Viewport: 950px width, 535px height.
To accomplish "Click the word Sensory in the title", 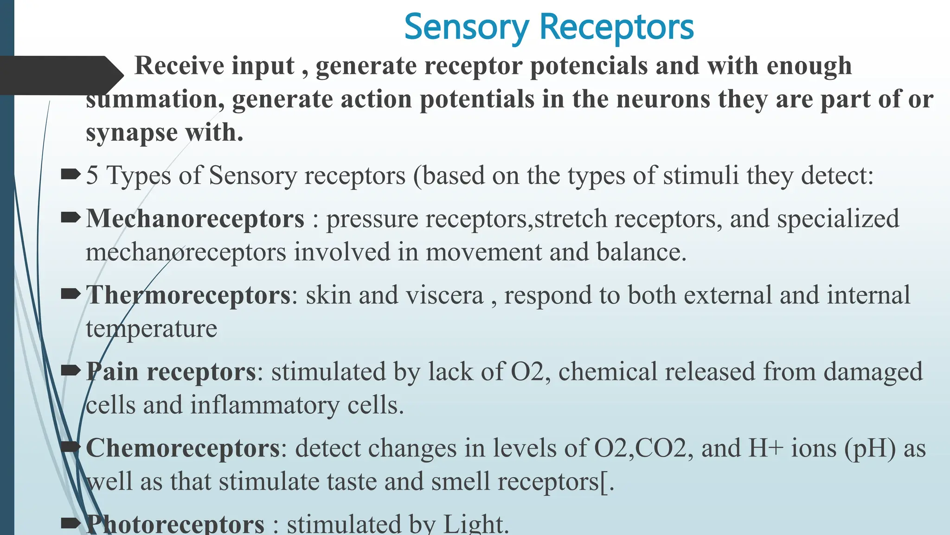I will [466, 27].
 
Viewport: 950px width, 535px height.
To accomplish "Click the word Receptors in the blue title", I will [616, 27].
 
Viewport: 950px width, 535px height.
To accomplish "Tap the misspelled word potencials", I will [589, 65].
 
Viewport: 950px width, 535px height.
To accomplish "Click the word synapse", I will [132, 133].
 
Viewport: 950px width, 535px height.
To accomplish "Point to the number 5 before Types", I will [92, 176].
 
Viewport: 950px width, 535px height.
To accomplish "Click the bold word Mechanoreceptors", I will [195, 219].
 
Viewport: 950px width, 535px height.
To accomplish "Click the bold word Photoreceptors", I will [175, 524].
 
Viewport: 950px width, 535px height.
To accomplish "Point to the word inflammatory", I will [264, 405].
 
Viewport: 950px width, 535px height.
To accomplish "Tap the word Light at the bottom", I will [475, 524].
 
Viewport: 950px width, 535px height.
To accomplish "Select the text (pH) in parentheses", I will [870, 449].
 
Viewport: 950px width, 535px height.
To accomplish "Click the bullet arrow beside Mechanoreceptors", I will [71, 217].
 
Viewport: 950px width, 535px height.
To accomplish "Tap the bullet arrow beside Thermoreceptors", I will [71, 294].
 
